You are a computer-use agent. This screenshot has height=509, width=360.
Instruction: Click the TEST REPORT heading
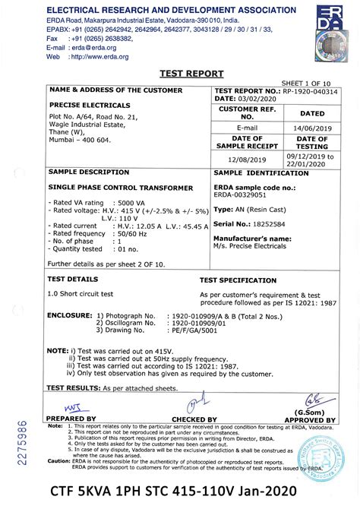191,74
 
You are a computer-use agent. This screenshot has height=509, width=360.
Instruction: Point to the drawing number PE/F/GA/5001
190,331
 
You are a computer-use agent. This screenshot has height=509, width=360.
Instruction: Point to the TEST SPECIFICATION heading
242,280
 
